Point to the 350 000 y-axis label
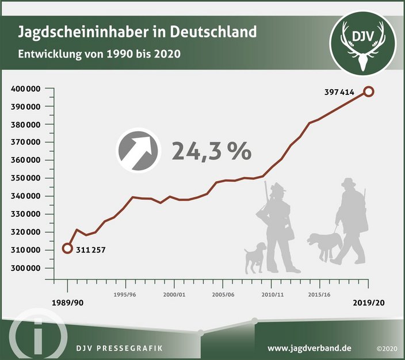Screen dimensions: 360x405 point(29,178)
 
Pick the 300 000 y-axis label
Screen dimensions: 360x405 point(29,268)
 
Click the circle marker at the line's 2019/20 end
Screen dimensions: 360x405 point(369,91)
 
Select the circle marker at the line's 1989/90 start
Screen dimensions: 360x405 point(67,248)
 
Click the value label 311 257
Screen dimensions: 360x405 point(91,250)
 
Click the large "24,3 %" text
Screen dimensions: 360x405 point(211,151)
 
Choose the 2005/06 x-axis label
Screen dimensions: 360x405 point(223,294)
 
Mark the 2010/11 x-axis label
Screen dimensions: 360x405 point(272,294)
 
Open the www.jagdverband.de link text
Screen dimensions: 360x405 point(310,348)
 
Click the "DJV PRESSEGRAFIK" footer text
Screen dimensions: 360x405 point(120,348)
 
